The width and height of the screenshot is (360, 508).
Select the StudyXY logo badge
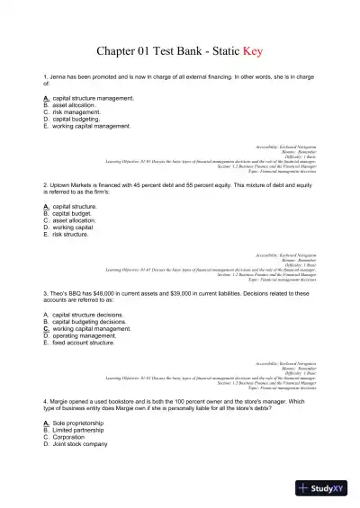point(324,488)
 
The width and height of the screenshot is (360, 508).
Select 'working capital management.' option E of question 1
point(91,126)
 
